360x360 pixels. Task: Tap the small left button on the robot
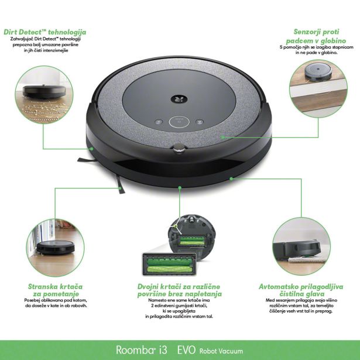[158, 122]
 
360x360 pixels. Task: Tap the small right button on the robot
[201, 122]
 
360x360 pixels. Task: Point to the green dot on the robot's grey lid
[222, 135]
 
